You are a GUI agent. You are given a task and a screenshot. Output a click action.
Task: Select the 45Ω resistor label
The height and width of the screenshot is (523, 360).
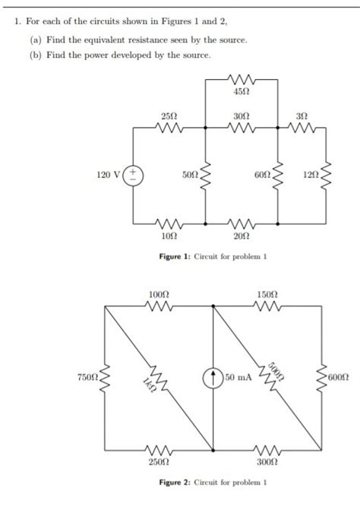[x=244, y=91]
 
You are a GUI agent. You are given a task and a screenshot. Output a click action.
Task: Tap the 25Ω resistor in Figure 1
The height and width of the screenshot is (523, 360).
[x=169, y=128]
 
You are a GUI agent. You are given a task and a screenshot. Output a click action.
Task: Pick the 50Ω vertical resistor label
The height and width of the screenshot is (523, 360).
[x=190, y=176]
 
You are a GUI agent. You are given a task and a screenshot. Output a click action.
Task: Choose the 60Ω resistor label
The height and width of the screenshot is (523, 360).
[x=262, y=176]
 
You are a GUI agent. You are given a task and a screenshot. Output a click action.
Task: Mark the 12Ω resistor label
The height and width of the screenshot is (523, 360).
[x=311, y=176]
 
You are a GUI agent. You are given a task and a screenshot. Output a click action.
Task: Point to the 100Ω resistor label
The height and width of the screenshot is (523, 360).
[x=159, y=293]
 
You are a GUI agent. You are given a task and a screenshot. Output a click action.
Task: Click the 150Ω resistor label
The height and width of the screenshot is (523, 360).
[x=268, y=293]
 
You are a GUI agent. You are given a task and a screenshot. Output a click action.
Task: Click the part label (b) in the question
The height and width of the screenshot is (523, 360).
[x=34, y=55]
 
